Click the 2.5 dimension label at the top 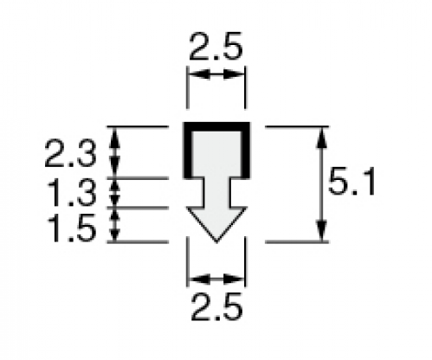(x=216, y=47)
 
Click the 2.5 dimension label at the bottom (x=216, y=306)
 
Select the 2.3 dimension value (x=70, y=153)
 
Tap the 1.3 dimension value (x=71, y=192)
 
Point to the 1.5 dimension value (x=71, y=228)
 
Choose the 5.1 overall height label (x=351, y=182)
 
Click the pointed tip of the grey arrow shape (x=216, y=241)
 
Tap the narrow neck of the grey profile (x=216, y=192)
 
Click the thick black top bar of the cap (x=216, y=126)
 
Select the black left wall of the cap (x=188, y=151)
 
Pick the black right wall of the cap (x=246, y=151)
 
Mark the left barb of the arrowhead (x=194, y=210)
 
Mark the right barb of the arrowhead (x=239, y=210)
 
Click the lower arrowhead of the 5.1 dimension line (x=322, y=231)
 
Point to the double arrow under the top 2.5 (x=216, y=74)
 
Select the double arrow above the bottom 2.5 (x=216, y=279)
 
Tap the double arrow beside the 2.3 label (x=115, y=152)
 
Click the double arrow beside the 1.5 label (x=115, y=224)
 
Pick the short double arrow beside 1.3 (x=115, y=193)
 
